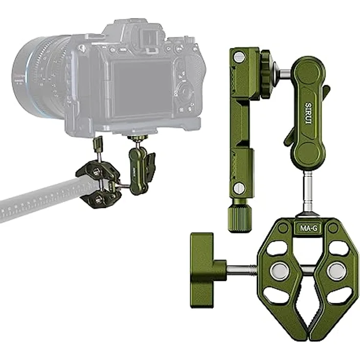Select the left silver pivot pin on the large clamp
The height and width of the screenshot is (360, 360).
[x=279, y=271]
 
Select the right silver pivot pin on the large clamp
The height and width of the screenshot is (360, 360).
[x=336, y=271]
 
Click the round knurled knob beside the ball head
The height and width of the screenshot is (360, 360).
[x=268, y=74]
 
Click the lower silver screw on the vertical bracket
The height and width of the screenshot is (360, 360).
[x=239, y=187]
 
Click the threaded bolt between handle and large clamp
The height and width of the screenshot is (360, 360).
[x=242, y=270]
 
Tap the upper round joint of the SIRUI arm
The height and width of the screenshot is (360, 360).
[x=309, y=72]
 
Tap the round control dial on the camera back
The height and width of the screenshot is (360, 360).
[x=185, y=91]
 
